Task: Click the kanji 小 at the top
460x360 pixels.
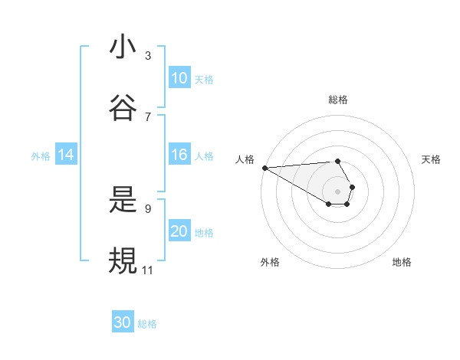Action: (x=123, y=47)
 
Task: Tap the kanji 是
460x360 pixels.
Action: (x=123, y=200)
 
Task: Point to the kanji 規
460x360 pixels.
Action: (x=123, y=260)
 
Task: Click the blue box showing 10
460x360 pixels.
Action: (x=179, y=78)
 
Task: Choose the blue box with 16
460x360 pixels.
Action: (x=179, y=155)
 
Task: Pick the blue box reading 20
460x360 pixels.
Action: (x=179, y=232)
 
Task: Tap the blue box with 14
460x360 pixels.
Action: (x=66, y=155)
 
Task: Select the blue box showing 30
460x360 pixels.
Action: (x=123, y=322)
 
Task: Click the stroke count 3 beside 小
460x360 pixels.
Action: (x=148, y=56)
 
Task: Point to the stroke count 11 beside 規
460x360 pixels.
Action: (x=148, y=270)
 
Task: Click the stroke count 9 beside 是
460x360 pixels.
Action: (x=148, y=208)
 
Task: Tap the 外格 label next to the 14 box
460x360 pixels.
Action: (x=41, y=156)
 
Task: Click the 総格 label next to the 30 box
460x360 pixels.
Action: (x=147, y=324)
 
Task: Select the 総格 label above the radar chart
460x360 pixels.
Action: (x=338, y=100)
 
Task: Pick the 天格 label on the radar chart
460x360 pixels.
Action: (x=432, y=159)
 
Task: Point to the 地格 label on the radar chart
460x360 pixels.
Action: (x=402, y=262)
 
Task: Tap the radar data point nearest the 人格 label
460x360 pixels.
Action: (x=264, y=168)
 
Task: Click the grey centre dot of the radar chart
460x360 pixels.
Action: (x=337, y=191)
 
